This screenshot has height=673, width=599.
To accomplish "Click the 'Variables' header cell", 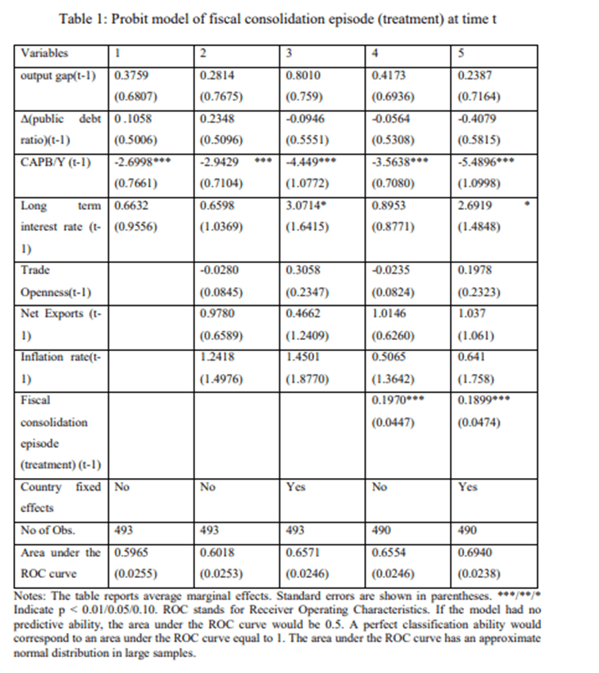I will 44,53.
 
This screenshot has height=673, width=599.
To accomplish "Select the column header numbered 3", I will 290,53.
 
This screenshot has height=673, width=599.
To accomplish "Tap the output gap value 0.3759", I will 132,77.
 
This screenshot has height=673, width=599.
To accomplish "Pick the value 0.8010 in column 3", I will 303,77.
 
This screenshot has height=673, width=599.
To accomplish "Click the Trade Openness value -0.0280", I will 219,270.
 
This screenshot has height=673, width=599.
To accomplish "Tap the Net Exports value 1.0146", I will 387,313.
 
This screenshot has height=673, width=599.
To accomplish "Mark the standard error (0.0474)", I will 480,421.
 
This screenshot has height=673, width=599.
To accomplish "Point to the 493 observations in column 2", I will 209,530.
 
